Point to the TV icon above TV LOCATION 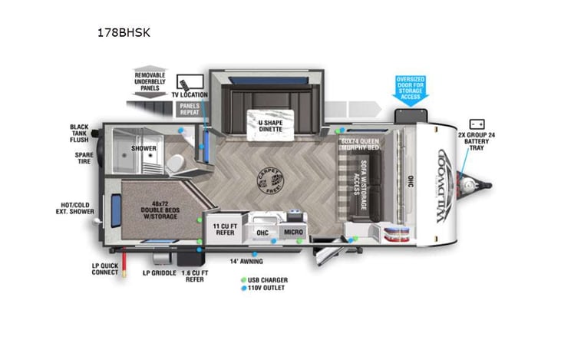[190, 83]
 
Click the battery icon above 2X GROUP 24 [477, 124]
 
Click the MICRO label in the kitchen [293, 233]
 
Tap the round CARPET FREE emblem [269, 181]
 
